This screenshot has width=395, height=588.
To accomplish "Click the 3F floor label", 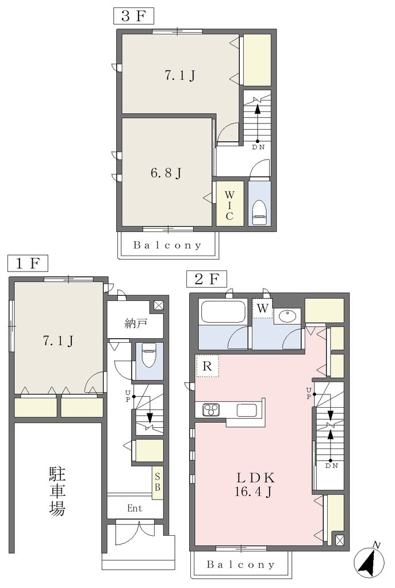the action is (x=133, y=16).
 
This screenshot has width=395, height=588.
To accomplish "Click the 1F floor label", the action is (x=28, y=263).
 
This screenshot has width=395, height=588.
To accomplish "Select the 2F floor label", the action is (x=207, y=278).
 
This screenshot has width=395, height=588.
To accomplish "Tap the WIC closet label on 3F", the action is (x=229, y=205).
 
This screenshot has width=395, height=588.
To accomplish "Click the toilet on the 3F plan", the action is (x=259, y=212).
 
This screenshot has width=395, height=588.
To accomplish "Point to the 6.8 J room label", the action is (x=166, y=173).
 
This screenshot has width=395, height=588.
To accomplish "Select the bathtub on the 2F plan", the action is (x=223, y=312).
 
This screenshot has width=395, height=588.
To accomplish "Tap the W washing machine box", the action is (x=262, y=308).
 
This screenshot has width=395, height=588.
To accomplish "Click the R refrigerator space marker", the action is (x=207, y=366).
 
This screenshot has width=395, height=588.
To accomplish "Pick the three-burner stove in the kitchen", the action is (x=211, y=409).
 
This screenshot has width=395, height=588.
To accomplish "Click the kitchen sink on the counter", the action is (x=247, y=410).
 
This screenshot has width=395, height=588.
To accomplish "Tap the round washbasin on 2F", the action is (x=287, y=315).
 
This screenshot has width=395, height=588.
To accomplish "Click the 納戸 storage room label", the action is (x=136, y=323).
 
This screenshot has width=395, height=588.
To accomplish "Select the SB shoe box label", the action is (x=158, y=482).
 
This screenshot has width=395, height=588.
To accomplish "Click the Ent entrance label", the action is (x=135, y=508).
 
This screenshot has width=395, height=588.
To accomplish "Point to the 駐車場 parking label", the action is (x=57, y=492).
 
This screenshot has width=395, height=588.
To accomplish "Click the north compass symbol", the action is (x=369, y=562).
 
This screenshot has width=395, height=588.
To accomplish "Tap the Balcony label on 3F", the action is (x=167, y=245).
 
